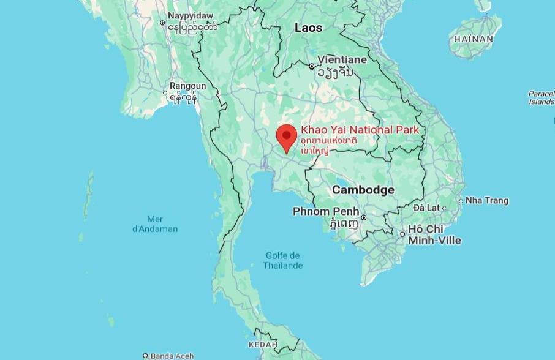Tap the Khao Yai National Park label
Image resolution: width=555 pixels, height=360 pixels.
pyautogui.click(x=360, y=130)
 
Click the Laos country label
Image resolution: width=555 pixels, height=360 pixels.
pyautogui.click(x=308, y=28)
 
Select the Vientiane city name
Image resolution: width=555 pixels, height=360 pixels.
pyautogui.click(x=342, y=59)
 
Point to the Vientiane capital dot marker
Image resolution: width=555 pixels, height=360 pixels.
pyautogui.click(x=312, y=66)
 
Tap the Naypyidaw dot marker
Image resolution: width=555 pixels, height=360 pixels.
pyautogui.click(x=162, y=23)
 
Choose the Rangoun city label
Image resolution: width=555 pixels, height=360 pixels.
pyautogui.click(x=188, y=86)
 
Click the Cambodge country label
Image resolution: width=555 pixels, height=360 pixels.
pyautogui.click(x=363, y=190)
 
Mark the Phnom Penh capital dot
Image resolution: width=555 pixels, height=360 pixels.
pyautogui.click(x=363, y=217)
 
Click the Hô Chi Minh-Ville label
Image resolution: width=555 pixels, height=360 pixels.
pyautogui.click(x=434, y=234)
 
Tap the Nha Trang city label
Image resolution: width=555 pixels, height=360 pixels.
pyautogui.click(x=487, y=200)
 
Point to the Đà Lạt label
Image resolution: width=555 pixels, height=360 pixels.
pyautogui.click(x=426, y=208)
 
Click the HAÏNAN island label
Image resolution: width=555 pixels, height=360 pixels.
pyautogui.click(x=474, y=39)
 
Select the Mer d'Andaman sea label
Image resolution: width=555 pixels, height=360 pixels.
pyautogui.click(x=155, y=224)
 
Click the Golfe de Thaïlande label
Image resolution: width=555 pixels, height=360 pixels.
pyautogui.click(x=282, y=260)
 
